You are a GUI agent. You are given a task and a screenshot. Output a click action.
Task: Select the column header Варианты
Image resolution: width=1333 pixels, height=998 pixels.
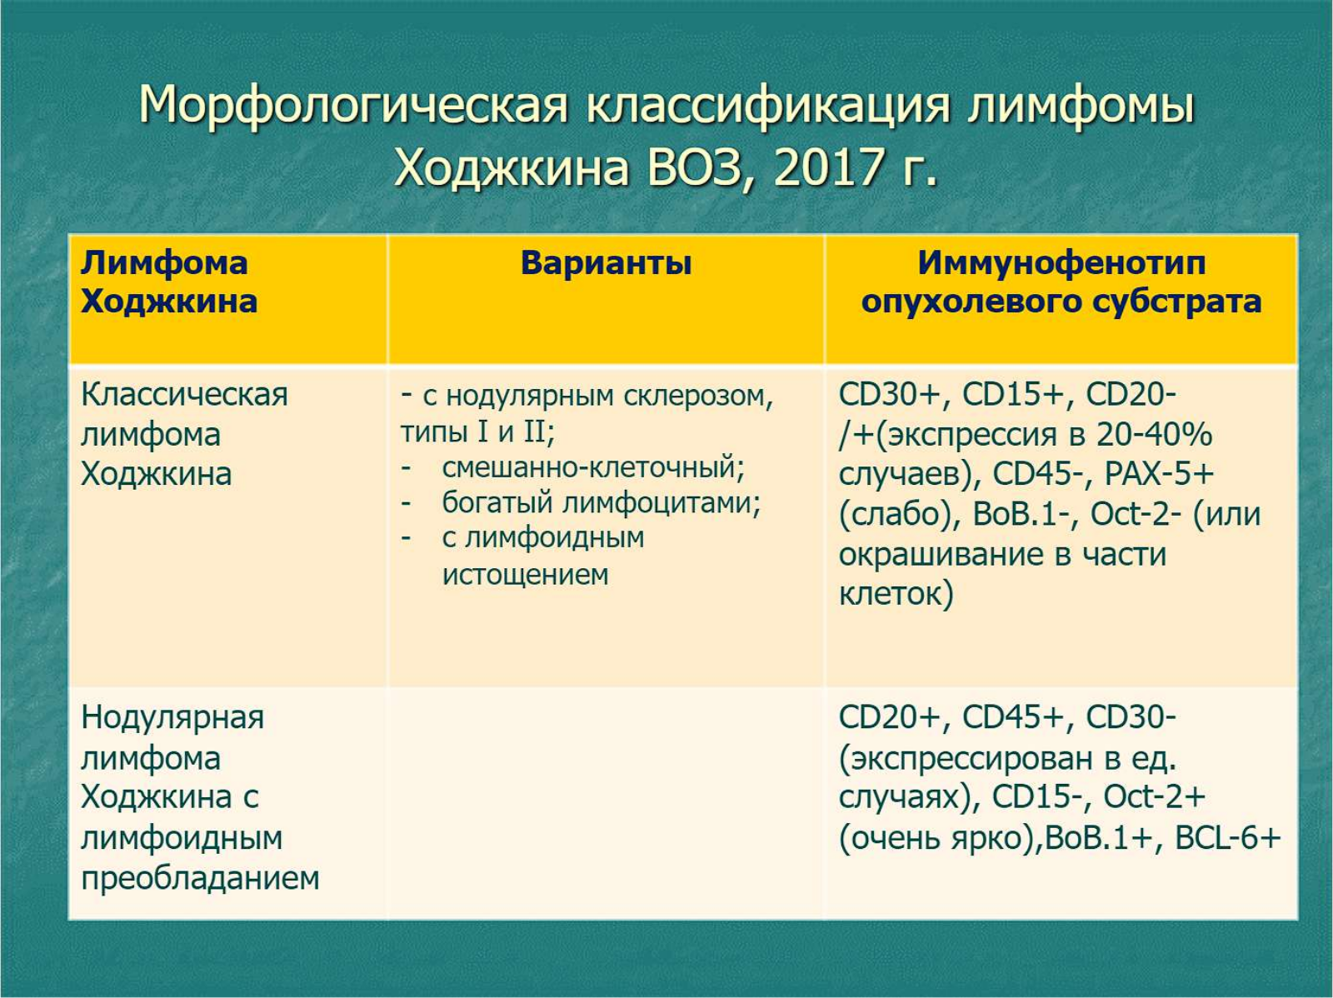[606, 263]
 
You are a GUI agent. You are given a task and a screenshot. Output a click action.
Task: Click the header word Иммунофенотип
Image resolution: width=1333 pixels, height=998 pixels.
[1061, 264]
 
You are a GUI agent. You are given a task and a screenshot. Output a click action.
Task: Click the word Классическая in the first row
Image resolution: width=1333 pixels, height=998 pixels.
[185, 395]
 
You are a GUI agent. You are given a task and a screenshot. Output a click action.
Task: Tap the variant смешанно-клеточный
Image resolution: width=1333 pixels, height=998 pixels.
[593, 467]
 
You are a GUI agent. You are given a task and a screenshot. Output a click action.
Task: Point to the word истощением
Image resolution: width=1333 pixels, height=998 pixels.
[526, 574]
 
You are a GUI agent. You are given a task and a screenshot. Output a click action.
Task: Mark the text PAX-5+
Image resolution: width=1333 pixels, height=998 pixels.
[1160, 473]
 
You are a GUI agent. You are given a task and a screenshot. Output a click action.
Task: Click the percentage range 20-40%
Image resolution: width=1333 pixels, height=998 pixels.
[1155, 435]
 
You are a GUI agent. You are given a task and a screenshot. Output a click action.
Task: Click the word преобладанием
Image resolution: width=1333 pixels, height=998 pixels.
[201, 878]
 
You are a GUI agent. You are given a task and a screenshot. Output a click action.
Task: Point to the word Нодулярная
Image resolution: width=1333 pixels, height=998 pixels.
[173, 718]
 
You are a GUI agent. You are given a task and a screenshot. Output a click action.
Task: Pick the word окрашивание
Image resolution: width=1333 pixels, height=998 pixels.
[939, 555]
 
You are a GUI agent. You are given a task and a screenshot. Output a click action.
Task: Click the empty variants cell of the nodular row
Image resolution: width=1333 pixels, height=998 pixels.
[606, 803]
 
